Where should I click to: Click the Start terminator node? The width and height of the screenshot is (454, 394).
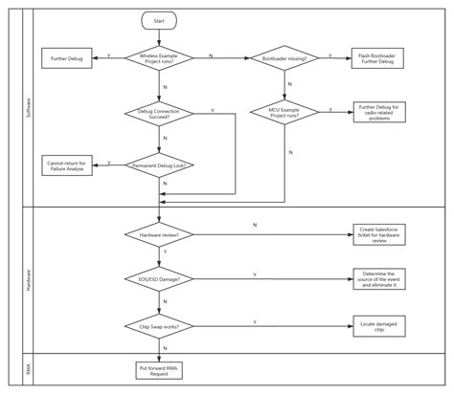[159, 19]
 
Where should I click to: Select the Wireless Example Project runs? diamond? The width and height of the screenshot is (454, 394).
[159, 58]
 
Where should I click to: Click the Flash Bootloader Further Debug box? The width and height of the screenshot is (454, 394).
[377, 58]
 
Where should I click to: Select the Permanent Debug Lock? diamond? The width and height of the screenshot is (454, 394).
[159, 164]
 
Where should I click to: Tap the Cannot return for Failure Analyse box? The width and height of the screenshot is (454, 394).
[66, 164]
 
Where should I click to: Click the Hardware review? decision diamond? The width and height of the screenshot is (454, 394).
[159, 234]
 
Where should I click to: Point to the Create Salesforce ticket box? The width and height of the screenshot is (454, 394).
[380, 234]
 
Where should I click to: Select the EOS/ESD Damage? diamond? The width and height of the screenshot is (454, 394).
[159, 279]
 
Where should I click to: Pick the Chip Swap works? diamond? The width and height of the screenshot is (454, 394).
[159, 326]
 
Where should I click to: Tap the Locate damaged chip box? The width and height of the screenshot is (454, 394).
[380, 326]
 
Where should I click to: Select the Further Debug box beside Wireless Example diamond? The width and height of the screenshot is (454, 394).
[66, 58]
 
